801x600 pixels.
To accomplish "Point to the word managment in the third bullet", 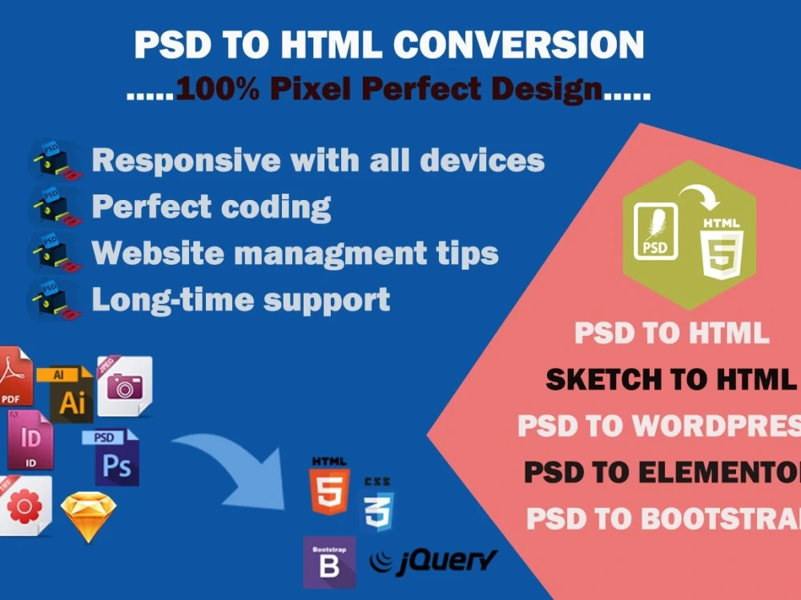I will (337, 254).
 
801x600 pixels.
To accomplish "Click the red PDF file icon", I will (14, 376).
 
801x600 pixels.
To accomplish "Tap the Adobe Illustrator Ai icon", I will (70, 394).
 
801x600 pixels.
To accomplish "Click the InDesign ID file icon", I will (29, 439).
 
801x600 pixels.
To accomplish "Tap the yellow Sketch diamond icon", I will (88, 516).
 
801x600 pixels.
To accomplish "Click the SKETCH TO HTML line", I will (669, 380).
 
